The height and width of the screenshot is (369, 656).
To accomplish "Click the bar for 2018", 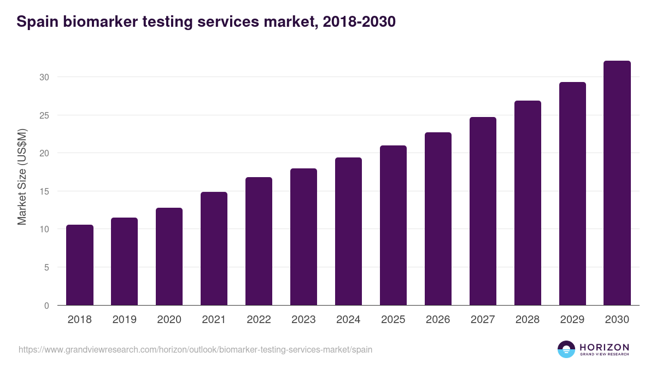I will pyautogui.click(x=80, y=265).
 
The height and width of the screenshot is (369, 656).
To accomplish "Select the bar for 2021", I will pyautogui.click(x=214, y=249).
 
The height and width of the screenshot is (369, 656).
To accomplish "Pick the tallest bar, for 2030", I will pyautogui.click(x=617, y=183).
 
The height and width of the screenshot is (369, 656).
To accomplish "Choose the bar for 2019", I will pyautogui.click(x=124, y=261).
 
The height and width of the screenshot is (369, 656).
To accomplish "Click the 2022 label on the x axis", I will pyautogui.click(x=259, y=320).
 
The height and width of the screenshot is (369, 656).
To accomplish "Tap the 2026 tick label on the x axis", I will pyautogui.click(x=438, y=320).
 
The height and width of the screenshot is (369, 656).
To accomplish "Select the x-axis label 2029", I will pyautogui.click(x=572, y=320).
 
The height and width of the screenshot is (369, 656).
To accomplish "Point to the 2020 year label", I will pyautogui.click(x=169, y=320).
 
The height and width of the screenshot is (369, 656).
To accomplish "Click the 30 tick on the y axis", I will pyautogui.click(x=44, y=77).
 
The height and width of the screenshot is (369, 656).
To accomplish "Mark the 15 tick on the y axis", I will pyautogui.click(x=44, y=191).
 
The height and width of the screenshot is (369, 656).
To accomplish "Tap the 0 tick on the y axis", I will pyautogui.click(x=46, y=306).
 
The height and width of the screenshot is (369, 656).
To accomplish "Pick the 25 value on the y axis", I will pyautogui.click(x=44, y=115).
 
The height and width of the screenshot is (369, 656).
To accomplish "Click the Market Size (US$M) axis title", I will pyautogui.click(x=22, y=177).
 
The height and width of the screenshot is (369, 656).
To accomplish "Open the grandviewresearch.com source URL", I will pyautogui.click(x=195, y=349).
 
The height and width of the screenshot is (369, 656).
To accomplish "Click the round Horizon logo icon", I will pyautogui.click(x=566, y=349).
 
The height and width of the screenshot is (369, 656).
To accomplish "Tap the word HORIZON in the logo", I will pyautogui.click(x=604, y=347).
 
